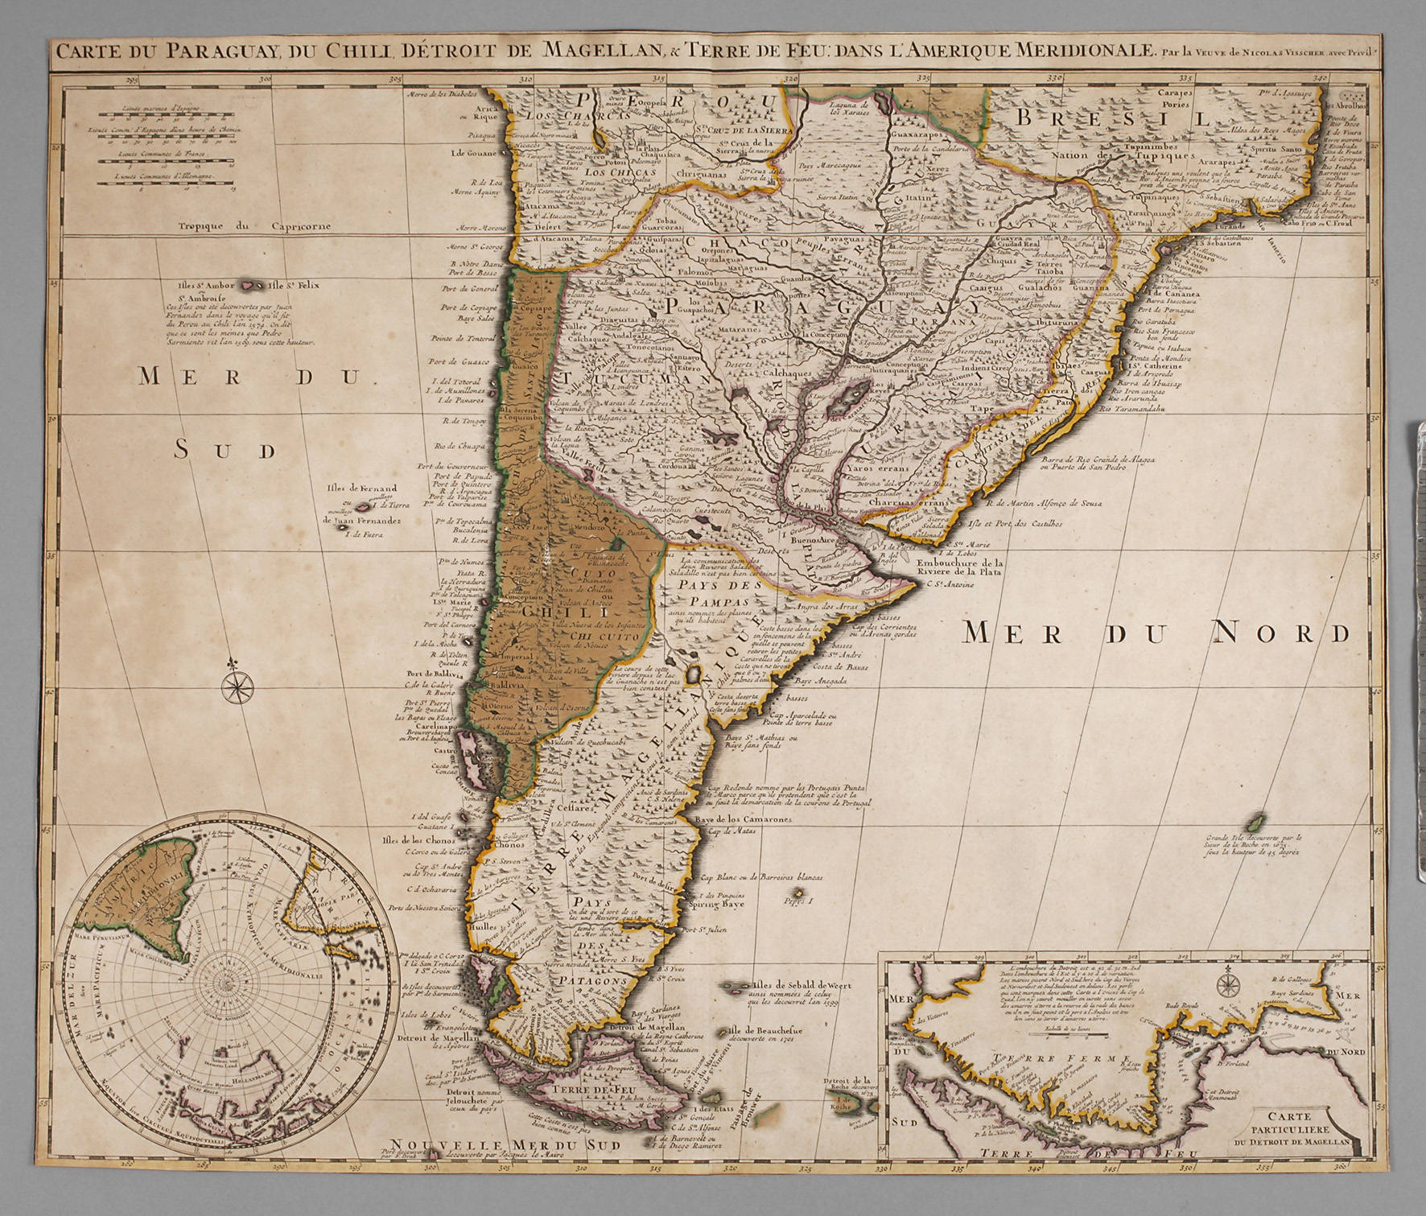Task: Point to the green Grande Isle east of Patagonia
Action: click(x=1252, y=822)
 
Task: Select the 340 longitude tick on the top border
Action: click(x=1317, y=79)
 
